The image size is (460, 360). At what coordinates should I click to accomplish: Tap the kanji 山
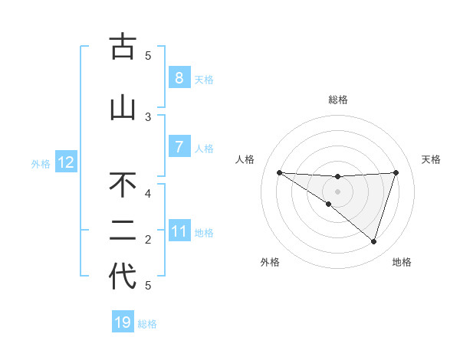point(123,108)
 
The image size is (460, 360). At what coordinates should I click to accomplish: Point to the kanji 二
point(123,231)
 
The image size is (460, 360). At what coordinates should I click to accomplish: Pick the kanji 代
point(123,277)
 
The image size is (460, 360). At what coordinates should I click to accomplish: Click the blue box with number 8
point(179,78)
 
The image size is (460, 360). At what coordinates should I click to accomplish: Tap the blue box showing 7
point(179,147)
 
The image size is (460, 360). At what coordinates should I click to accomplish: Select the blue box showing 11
point(179,231)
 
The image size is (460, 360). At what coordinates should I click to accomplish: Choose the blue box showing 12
point(66,162)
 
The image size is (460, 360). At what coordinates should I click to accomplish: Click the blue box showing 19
point(123,322)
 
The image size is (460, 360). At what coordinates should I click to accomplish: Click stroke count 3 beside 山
point(148,116)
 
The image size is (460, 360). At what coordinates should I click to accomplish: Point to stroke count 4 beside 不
point(148,193)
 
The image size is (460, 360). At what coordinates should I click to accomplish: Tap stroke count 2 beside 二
point(148,240)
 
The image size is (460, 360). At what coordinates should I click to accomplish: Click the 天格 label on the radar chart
point(432,159)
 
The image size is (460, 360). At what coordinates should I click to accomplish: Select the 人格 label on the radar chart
point(245,159)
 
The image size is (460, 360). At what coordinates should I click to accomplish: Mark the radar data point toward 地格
point(373,241)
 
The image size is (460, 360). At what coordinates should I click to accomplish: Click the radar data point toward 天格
point(396,172)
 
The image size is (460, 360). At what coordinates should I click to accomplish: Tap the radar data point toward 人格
point(279,172)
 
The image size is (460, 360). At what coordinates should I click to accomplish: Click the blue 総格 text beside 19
point(147,324)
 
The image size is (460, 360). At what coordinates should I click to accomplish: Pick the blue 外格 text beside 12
point(41,163)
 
